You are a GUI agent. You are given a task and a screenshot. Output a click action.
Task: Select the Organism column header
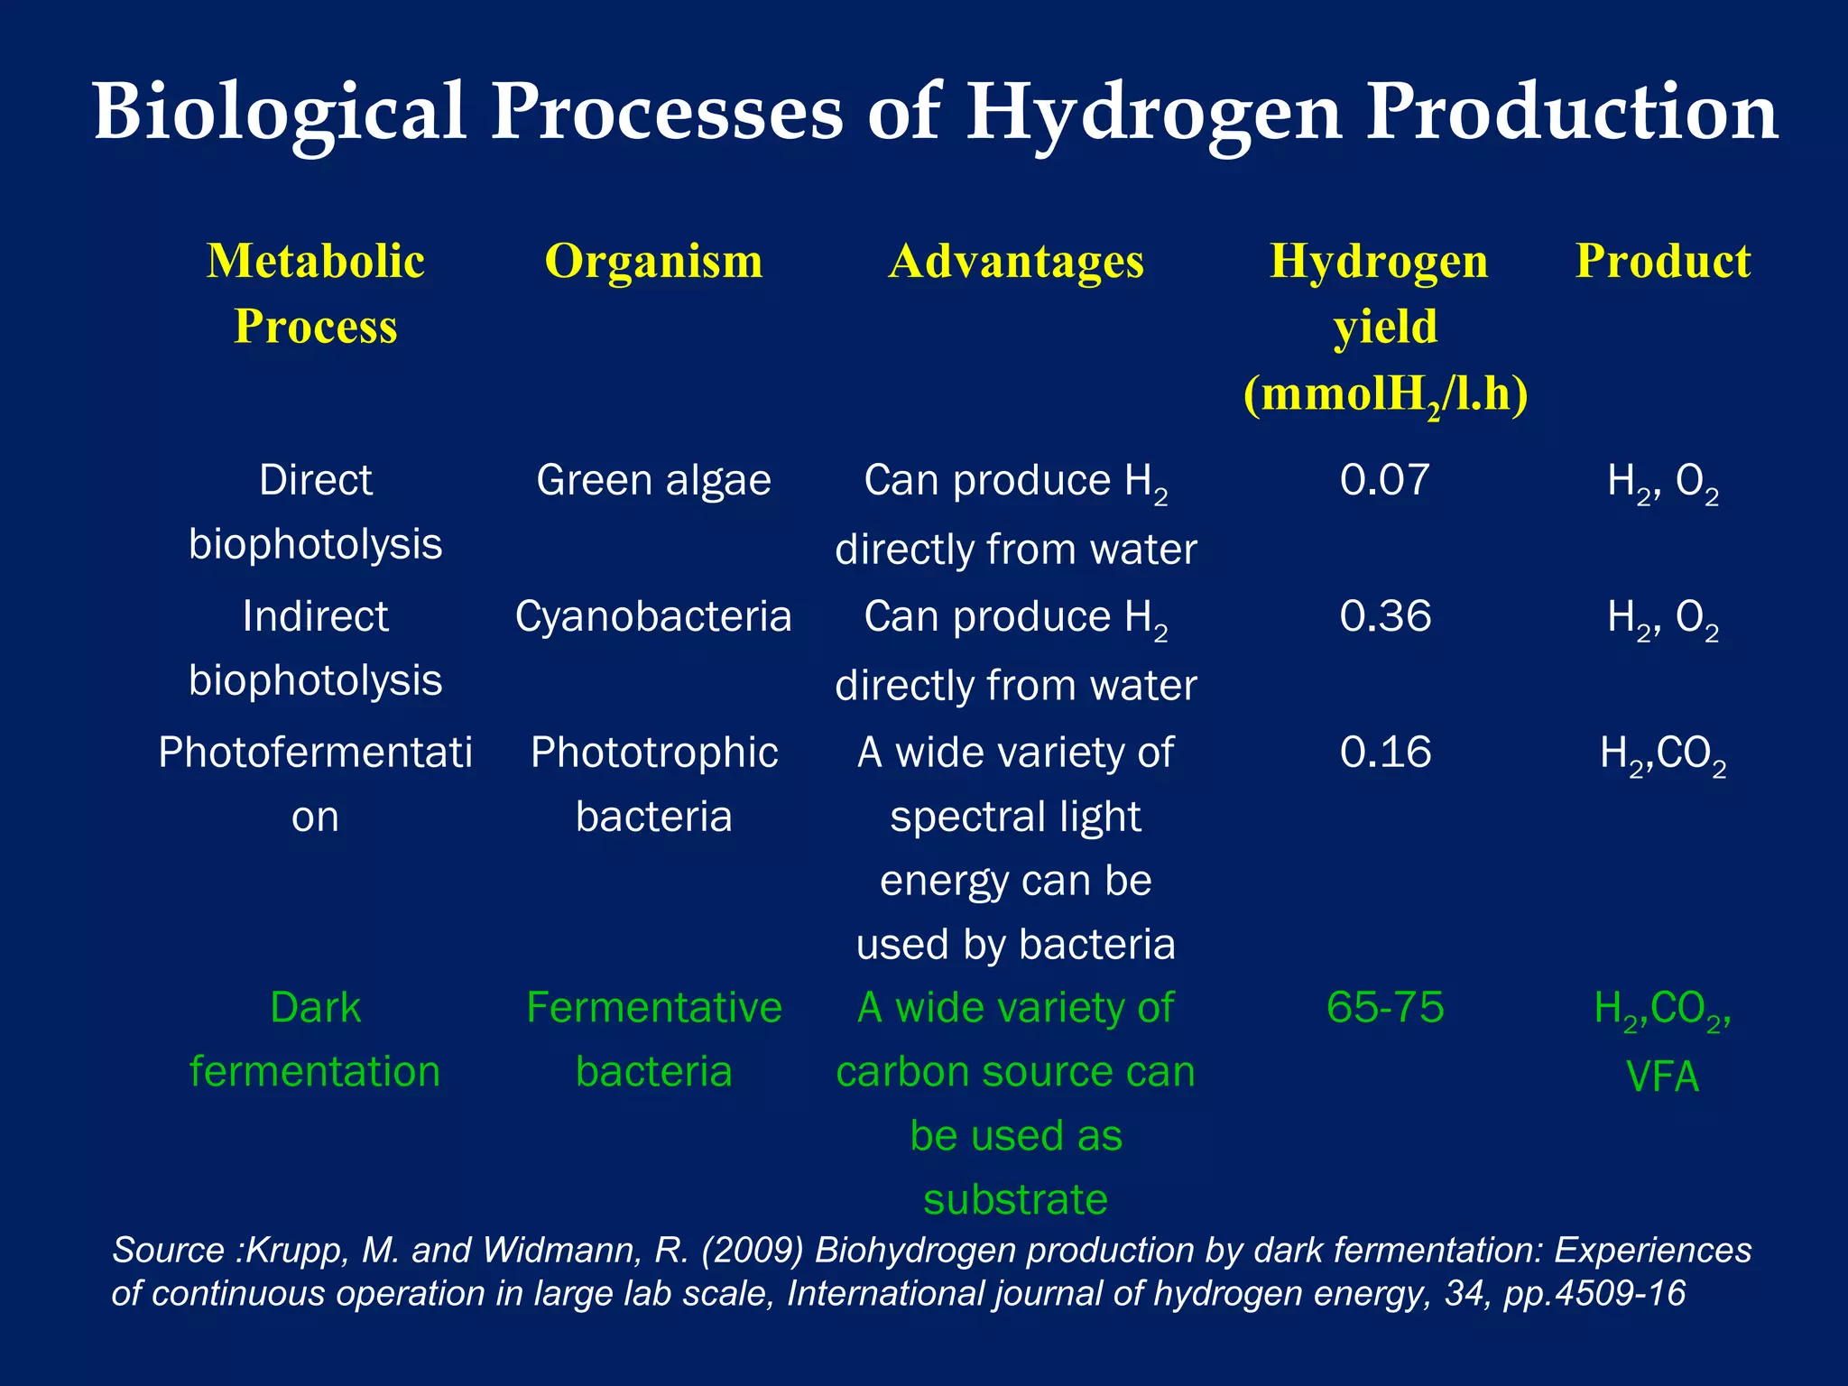point(653,262)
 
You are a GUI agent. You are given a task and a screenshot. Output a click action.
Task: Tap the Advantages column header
point(1016,262)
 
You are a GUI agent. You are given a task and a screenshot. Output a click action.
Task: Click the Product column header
point(1662,262)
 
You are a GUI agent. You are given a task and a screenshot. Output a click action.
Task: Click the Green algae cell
point(653,480)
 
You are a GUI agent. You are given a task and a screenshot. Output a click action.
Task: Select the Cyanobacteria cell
point(653,616)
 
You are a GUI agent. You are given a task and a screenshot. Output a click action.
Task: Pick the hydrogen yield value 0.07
point(1384,480)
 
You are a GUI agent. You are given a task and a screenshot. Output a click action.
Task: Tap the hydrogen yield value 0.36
point(1384,616)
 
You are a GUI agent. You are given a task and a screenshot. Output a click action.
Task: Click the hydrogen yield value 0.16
point(1384,752)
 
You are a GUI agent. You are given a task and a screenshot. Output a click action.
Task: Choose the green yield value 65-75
point(1384,1007)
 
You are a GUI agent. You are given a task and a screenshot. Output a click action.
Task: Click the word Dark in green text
point(315,1007)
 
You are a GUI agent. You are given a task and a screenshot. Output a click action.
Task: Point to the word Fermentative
point(653,1007)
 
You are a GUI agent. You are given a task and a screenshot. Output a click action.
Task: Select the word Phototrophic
point(653,752)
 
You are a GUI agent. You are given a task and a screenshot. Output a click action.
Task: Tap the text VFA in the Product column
point(1662,1076)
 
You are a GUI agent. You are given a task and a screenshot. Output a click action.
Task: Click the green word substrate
point(1015,1199)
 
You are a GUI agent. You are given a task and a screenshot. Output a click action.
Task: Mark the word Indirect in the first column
point(315,616)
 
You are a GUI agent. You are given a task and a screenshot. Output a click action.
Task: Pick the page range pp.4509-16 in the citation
point(1594,1294)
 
